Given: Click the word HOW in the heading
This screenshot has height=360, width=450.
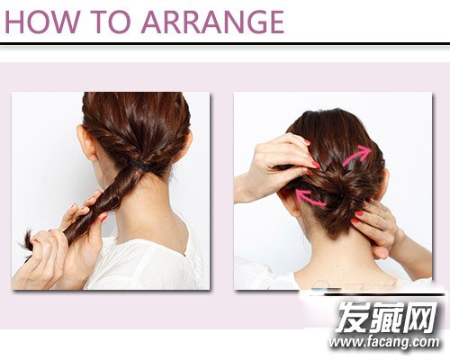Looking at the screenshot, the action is (42, 22).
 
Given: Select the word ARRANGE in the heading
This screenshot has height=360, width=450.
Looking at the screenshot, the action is (212, 22).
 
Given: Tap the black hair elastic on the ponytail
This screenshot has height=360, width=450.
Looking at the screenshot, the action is (139, 166).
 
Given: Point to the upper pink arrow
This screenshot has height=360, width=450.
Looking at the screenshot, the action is (357, 156).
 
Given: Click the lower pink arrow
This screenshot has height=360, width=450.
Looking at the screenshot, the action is (310, 198).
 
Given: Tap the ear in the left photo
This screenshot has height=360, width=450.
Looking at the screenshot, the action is (86, 142).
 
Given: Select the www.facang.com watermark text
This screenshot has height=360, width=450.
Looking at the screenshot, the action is (384, 342).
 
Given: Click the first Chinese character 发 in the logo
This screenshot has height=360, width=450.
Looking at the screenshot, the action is (352, 318).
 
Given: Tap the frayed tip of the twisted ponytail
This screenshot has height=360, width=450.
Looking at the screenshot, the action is (28, 243).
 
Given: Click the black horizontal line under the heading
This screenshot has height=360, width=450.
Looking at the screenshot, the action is (225, 44).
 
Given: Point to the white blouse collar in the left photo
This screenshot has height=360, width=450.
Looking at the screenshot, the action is (150, 258).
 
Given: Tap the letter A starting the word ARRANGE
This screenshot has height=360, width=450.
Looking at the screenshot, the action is (152, 22).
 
